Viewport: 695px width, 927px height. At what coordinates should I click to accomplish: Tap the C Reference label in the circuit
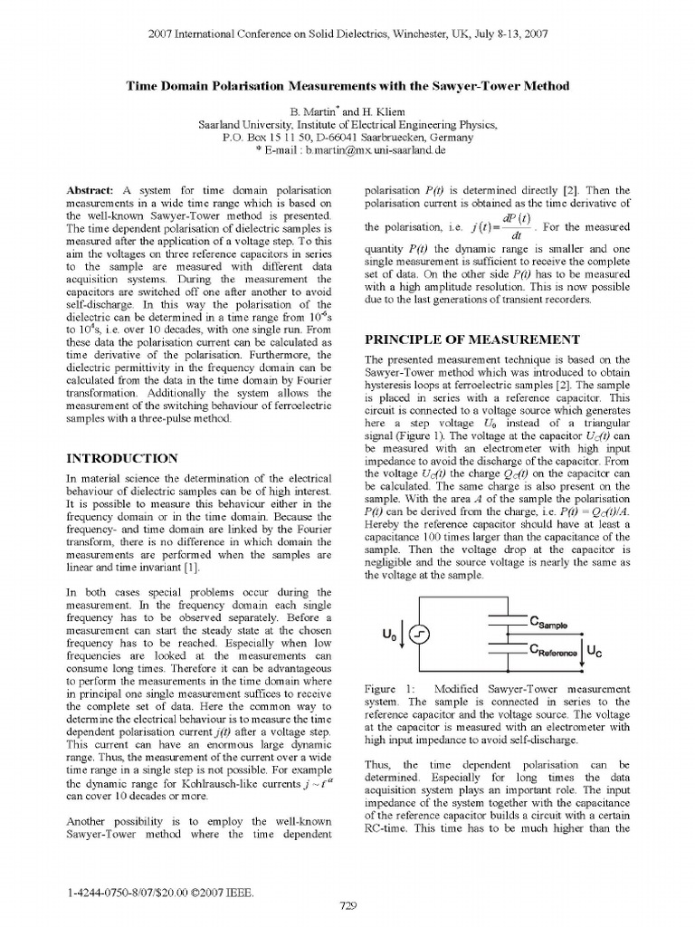(554, 650)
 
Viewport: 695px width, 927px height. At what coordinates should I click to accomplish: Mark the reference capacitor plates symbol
(505, 647)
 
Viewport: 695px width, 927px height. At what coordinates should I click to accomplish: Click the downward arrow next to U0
(404, 637)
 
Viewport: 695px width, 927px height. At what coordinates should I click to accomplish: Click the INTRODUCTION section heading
(123, 458)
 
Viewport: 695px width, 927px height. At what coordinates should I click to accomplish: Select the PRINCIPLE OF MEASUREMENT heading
(471, 339)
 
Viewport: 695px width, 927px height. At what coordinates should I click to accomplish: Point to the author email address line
(347, 150)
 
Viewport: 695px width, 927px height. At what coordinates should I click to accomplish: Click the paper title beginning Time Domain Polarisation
(347, 86)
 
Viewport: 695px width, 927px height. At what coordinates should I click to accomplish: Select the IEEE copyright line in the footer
(159, 893)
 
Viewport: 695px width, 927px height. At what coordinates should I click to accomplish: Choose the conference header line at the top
(347, 33)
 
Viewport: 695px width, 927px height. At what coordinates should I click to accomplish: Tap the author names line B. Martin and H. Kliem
(347, 110)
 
